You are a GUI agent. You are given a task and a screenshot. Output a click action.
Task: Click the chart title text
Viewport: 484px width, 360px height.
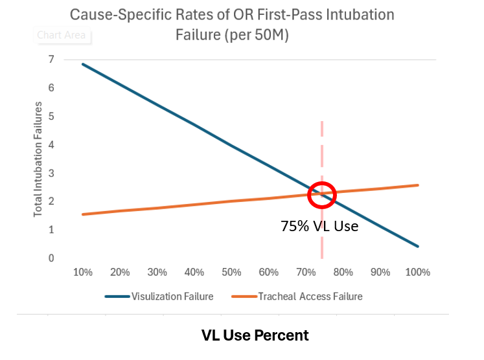click(231, 24)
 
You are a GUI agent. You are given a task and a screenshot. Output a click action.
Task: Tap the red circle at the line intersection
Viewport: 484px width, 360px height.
click(322, 194)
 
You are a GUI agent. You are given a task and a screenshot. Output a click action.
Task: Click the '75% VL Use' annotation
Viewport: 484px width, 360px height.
click(319, 227)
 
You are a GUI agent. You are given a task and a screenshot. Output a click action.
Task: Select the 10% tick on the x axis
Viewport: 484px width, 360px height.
click(83, 273)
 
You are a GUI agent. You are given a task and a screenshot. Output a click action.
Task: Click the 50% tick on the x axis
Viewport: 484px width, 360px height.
click(231, 273)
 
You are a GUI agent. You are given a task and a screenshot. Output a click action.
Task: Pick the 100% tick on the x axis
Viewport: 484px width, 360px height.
click(417, 273)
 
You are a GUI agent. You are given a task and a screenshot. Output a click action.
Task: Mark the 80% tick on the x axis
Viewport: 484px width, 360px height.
click(343, 273)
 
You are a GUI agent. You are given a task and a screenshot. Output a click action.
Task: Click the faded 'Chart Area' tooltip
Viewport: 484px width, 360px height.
click(62, 36)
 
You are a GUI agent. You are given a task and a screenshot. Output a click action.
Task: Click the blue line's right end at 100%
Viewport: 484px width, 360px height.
click(418, 246)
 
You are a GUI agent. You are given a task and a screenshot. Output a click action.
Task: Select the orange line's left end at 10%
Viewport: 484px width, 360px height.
click(84, 214)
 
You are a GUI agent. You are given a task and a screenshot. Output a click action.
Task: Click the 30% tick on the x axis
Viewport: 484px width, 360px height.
click(157, 273)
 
